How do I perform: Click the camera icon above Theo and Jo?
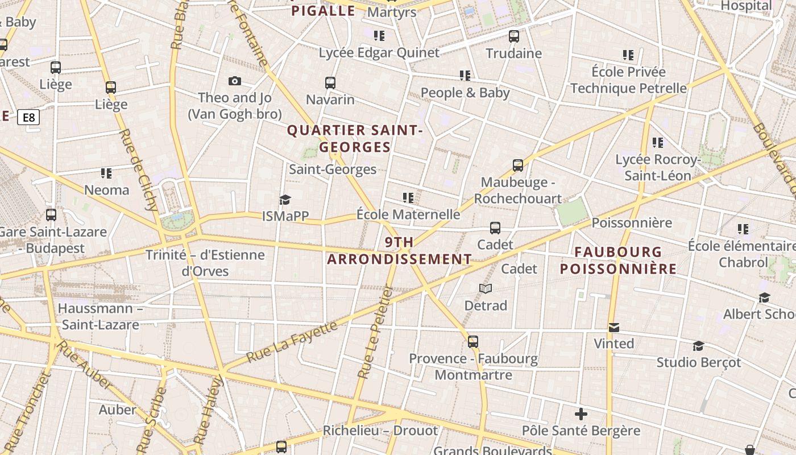click(x=234, y=81)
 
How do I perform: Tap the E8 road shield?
click(x=28, y=118)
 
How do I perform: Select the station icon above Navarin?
click(x=330, y=83)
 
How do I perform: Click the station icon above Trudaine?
click(x=514, y=36)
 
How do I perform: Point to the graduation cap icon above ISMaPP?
click(x=285, y=200)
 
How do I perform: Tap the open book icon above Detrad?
click(x=485, y=289)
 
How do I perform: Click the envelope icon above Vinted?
click(x=614, y=328)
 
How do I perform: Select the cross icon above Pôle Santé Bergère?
click(x=581, y=413)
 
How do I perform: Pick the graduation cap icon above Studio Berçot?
click(x=698, y=346)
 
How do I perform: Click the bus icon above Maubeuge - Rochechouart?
click(x=517, y=166)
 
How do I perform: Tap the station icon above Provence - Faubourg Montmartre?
click(x=473, y=342)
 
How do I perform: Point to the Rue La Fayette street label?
click(x=292, y=342)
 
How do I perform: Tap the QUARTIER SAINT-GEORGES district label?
click(x=355, y=139)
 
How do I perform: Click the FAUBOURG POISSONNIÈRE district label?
click(x=618, y=260)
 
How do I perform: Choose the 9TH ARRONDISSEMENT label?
click(x=399, y=251)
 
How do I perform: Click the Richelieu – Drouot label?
click(x=380, y=431)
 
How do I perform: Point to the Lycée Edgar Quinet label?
click(x=379, y=53)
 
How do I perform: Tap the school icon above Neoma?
click(x=106, y=173)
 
